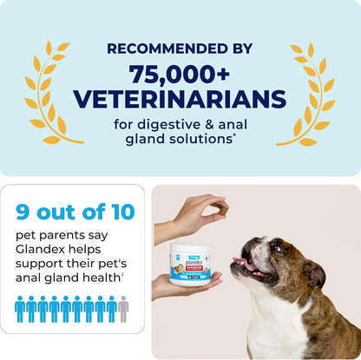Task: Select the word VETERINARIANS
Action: tap(179, 97)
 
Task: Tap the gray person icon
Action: tap(122, 309)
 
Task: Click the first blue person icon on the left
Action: tap(21, 309)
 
